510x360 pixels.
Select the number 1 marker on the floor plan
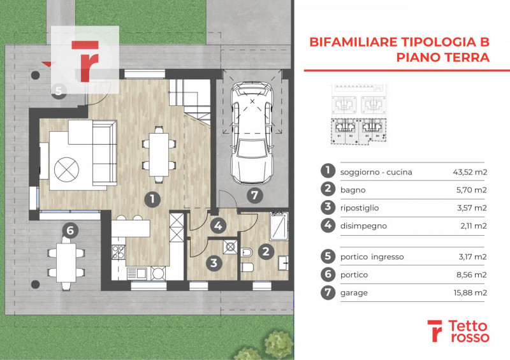coord(152,199)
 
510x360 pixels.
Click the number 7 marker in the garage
coord(254,195)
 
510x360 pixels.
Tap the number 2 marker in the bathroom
coord(266,251)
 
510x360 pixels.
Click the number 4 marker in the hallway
coord(219,225)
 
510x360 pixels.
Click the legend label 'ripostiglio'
coord(360,207)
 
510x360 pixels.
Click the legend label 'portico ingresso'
coord(372,257)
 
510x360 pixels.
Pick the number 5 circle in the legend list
coord(326,257)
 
